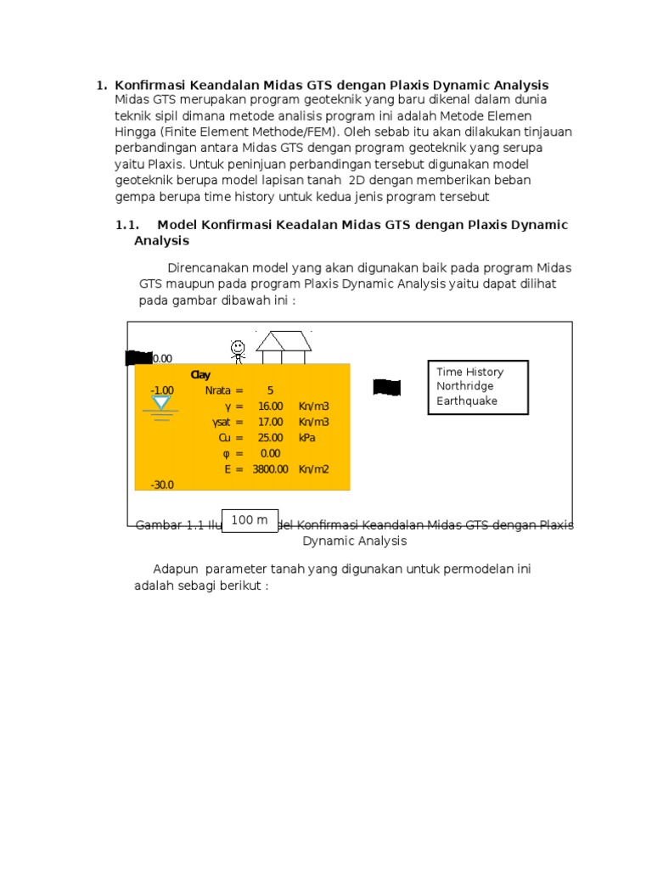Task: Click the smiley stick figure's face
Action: [x=239, y=346]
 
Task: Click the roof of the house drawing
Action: [x=284, y=341]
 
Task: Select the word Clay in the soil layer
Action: [x=200, y=375]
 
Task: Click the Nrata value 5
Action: [x=270, y=390]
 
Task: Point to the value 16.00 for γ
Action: [x=270, y=406]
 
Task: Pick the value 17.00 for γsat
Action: [x=270, y=422]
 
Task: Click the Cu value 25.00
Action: [x=270, y=438]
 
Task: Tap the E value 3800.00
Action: [x=270, y=468]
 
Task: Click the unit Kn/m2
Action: [x=313, y=468]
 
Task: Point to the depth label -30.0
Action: [x=162, y=485]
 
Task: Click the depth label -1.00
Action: [x=162, y=390]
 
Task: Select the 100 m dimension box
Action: [x=250, y=519]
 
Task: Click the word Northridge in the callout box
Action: [x=464, y=386]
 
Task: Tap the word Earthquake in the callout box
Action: [x=467, y=401]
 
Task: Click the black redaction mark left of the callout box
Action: [x=386, y=388]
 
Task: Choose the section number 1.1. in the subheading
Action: [x=127, y=225]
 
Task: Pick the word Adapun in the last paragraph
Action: [x=176, y=569]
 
